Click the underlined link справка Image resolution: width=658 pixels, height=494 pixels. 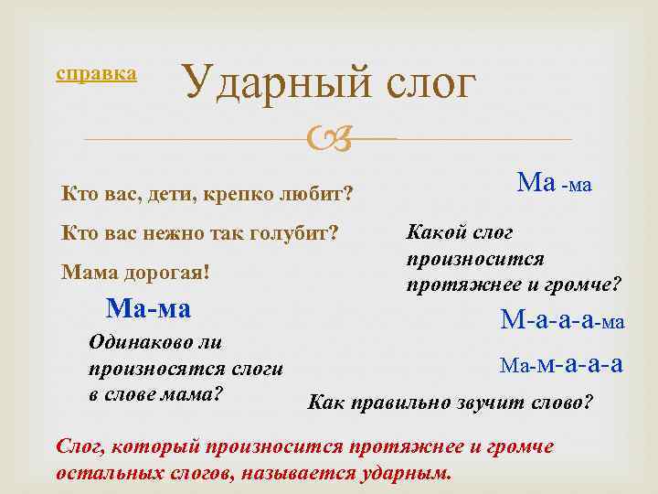point(96,73)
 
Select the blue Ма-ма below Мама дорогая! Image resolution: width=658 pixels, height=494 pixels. point(148,308)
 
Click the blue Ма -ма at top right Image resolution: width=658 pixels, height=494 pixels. point(554,184)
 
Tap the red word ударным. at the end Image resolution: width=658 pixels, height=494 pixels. point(412,475)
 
